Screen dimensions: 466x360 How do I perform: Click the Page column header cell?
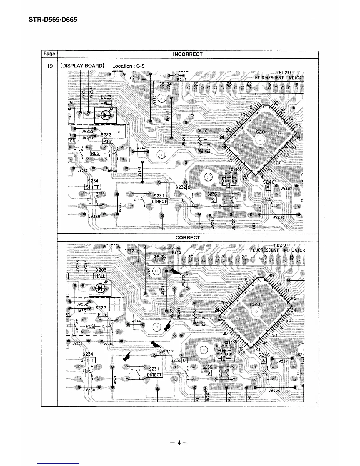(49, 54)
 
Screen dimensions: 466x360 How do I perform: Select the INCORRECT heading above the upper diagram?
(187, 54)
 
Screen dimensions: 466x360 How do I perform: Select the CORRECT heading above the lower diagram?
(187, 238)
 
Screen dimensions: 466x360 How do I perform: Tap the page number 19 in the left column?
(50, 66)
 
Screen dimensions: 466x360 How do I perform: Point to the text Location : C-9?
(128, 66)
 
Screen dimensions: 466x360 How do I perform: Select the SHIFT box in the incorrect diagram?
(93, 187)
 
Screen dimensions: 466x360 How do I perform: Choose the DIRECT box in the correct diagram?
(154, 375)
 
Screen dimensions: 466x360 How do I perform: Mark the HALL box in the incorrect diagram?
(105, 103)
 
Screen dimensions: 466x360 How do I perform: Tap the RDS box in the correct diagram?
(90, 326)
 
